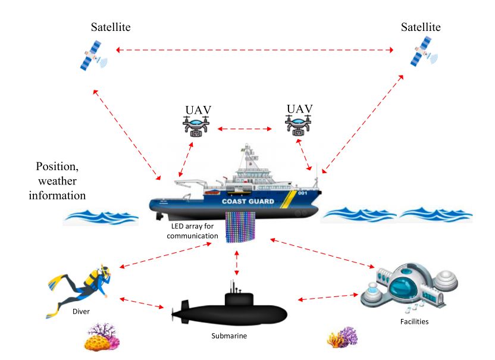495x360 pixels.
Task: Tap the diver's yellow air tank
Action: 95,276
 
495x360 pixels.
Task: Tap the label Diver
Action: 80,311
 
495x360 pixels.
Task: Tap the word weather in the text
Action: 57,180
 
